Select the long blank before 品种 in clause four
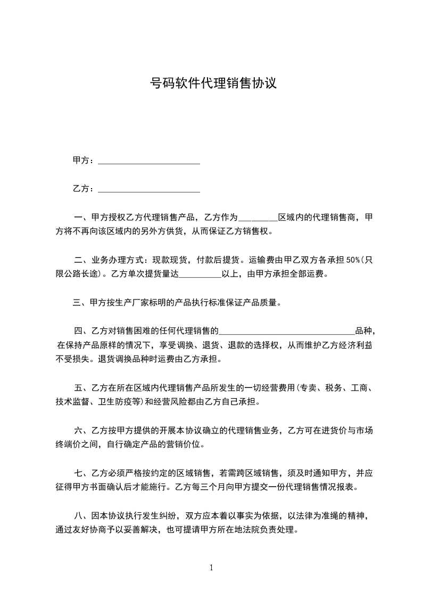287,332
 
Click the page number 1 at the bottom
211,568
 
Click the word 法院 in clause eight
249,530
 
